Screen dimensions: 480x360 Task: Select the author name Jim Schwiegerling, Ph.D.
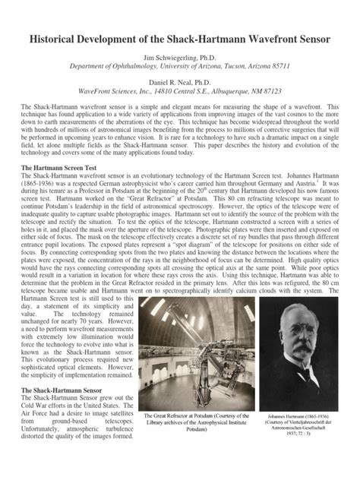(180, 56)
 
